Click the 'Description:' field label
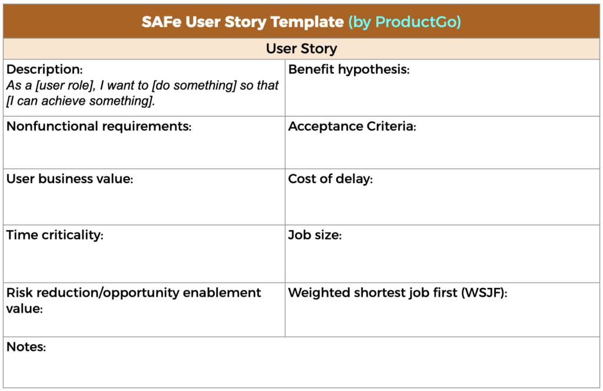tap(44, 69)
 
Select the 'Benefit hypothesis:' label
tap(349, 69)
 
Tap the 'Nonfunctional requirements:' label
tap(99, 127)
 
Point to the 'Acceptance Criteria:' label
tap(352, 127)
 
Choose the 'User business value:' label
tap(69, 179)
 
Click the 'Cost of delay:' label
tap(330, 179)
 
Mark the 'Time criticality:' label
tap(55, 235)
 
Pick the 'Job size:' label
tap(314, 235)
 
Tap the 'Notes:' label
tap(26, 347)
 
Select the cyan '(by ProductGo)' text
tap(405, 22)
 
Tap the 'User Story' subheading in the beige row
tap(301, 48)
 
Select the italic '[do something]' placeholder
tap(194, 85)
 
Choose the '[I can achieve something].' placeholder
tap(81, 101)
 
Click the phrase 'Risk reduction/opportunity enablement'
tap(134, 292)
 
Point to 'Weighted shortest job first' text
tap(373, 292)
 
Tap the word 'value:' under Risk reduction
tap(24, 308)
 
